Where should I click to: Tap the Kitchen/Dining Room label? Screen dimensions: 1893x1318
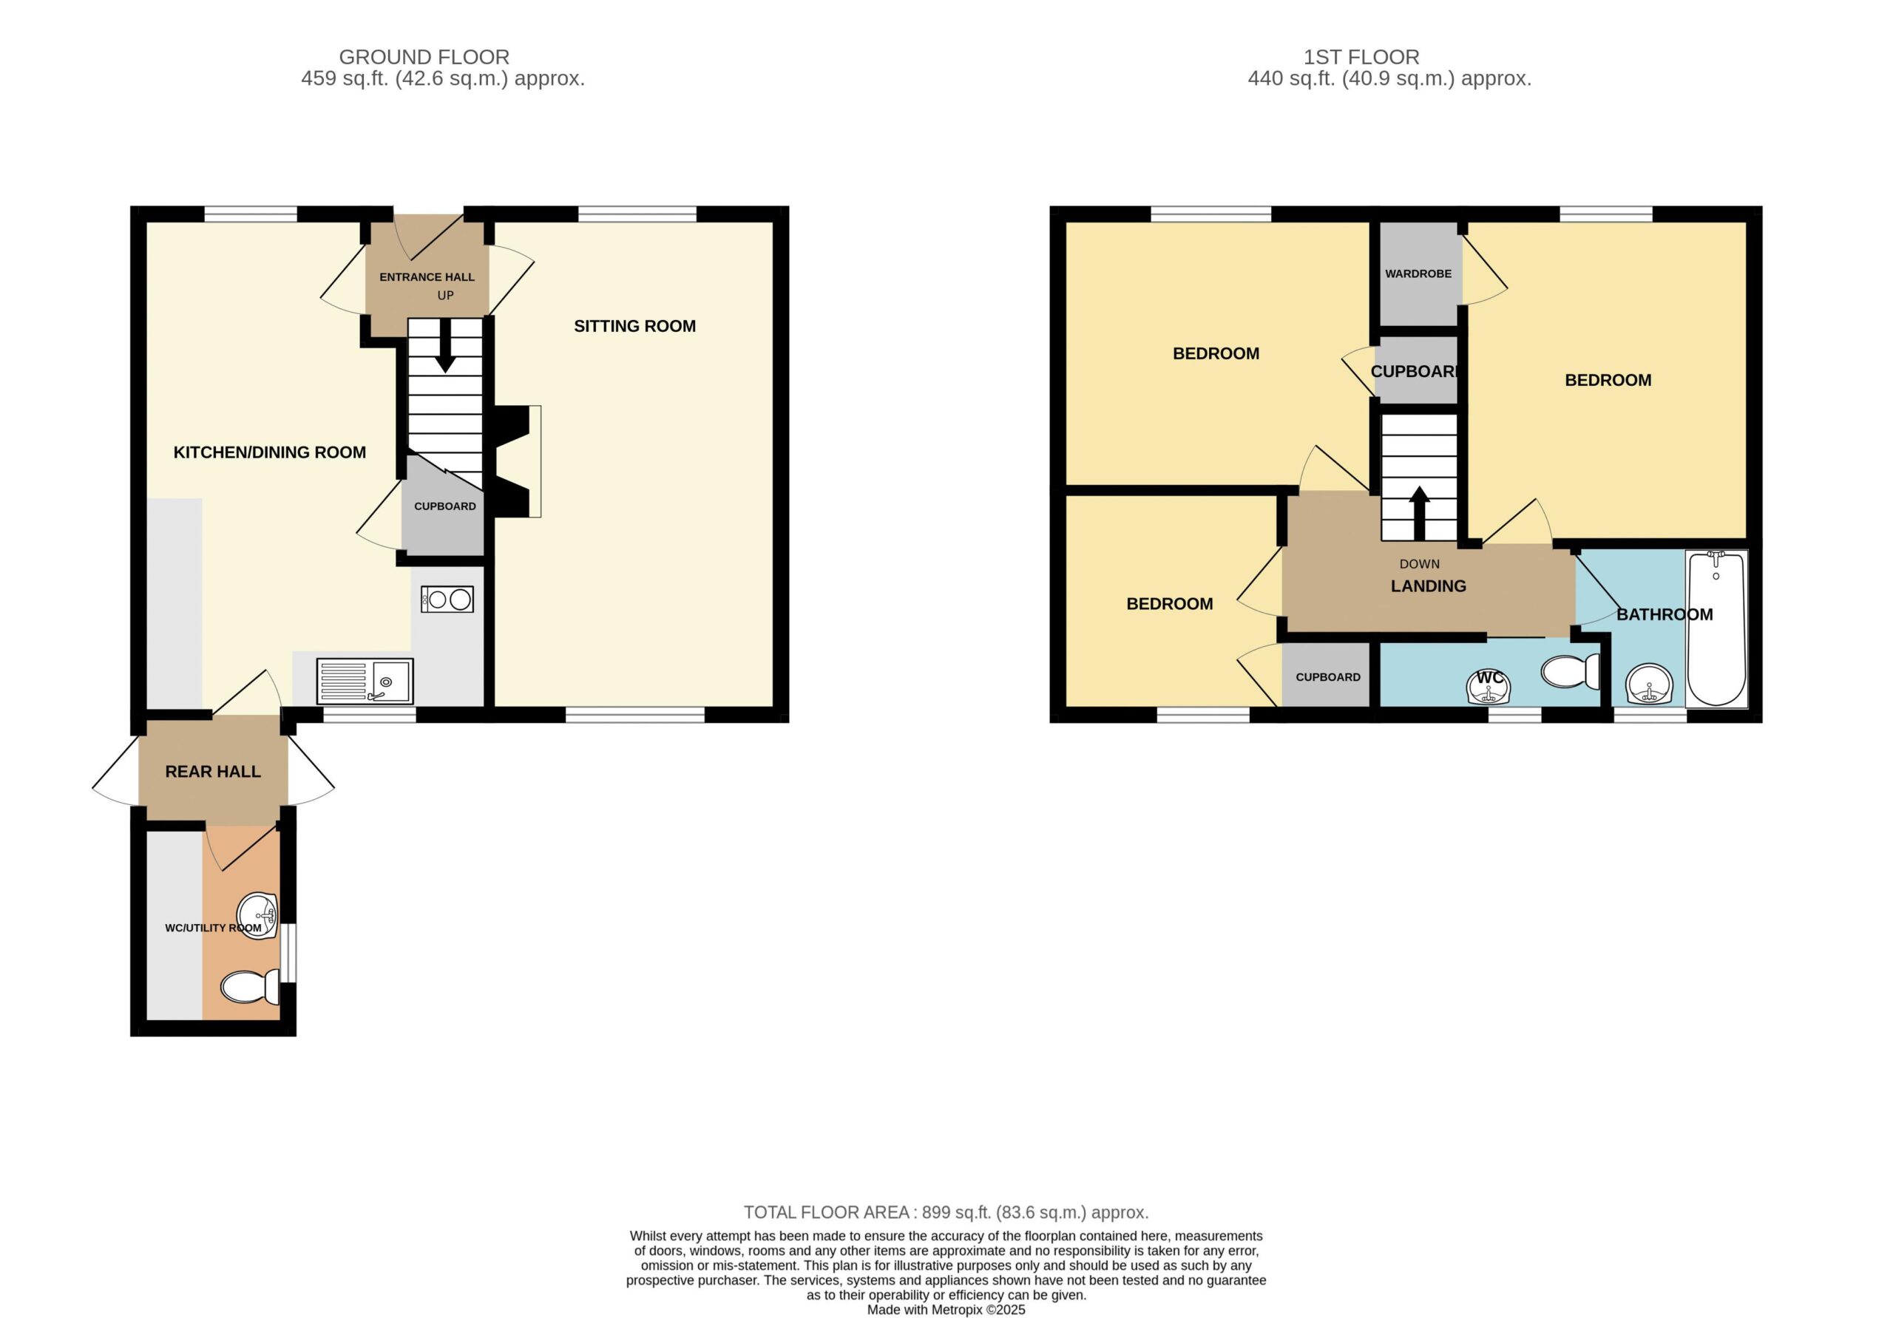point(270,452)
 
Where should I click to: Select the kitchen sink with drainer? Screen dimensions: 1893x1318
point(365,681)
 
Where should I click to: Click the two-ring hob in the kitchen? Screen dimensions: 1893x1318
point(447,599)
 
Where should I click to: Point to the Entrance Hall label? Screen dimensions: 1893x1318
point(427,277)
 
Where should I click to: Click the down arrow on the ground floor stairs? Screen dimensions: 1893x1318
point(445,345)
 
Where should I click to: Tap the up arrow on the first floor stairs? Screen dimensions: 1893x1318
point(1419,513)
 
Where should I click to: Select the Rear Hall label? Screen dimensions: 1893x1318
point(213,772)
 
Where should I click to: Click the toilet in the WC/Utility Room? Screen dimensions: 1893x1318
point(251,986)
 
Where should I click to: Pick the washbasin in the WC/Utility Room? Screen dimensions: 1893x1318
point(257,914)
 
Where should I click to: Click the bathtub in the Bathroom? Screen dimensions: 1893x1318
point(1716,628)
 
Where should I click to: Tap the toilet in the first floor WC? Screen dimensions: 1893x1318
point(1571,671)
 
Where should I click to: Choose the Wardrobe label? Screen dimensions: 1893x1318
point(1418,274)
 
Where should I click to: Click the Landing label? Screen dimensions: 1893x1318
point(1428,586)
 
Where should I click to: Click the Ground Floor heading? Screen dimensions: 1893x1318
point(424,57)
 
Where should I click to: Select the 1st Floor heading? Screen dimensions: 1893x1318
point(1361,57)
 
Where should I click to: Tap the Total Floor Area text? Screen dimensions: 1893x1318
point(946,1212)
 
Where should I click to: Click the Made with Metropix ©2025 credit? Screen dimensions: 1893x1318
point(946,1310)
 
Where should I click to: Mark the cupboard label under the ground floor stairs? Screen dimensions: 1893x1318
point(444,506)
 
